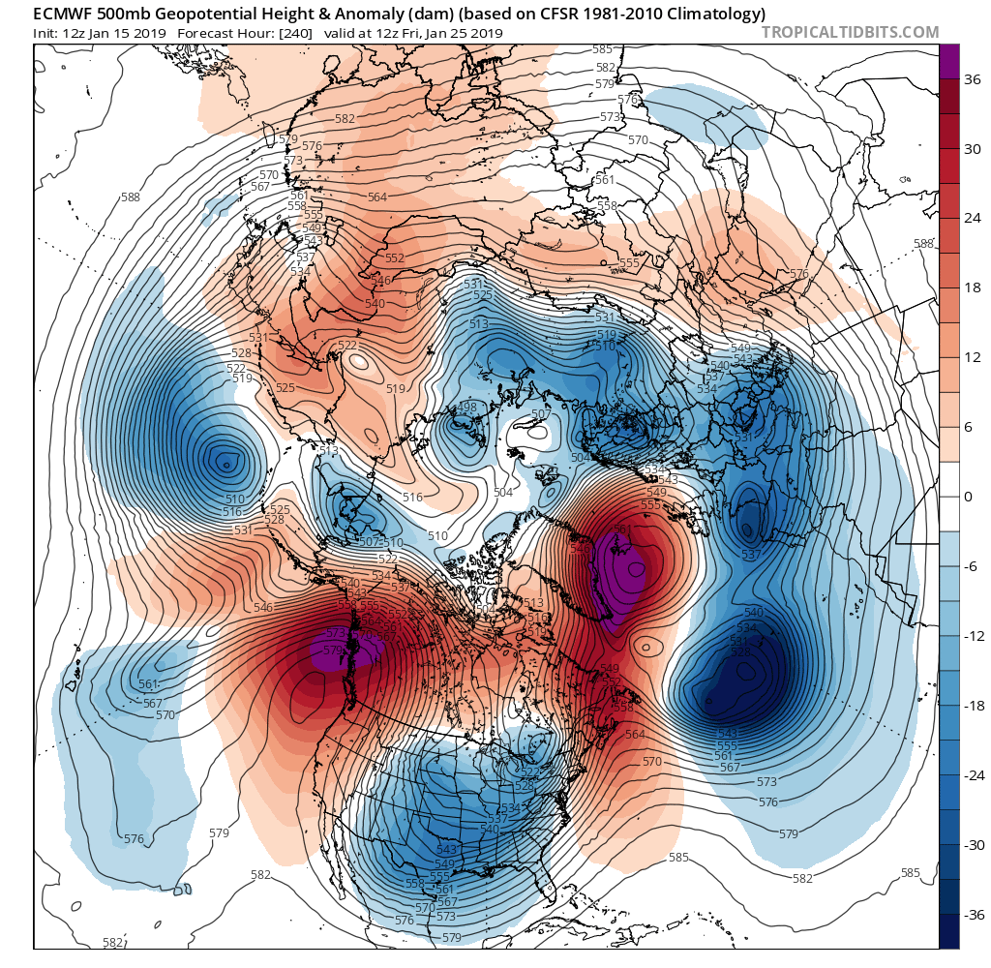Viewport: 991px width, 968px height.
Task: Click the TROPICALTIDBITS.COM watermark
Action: pos(850,32)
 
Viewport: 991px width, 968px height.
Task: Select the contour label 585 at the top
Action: pos(602,49)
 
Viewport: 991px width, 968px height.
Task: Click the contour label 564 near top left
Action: pos(377,197)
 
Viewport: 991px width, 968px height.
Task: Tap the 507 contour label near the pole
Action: pos(540,415)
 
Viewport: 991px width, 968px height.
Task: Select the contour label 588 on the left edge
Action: pos(131,197)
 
